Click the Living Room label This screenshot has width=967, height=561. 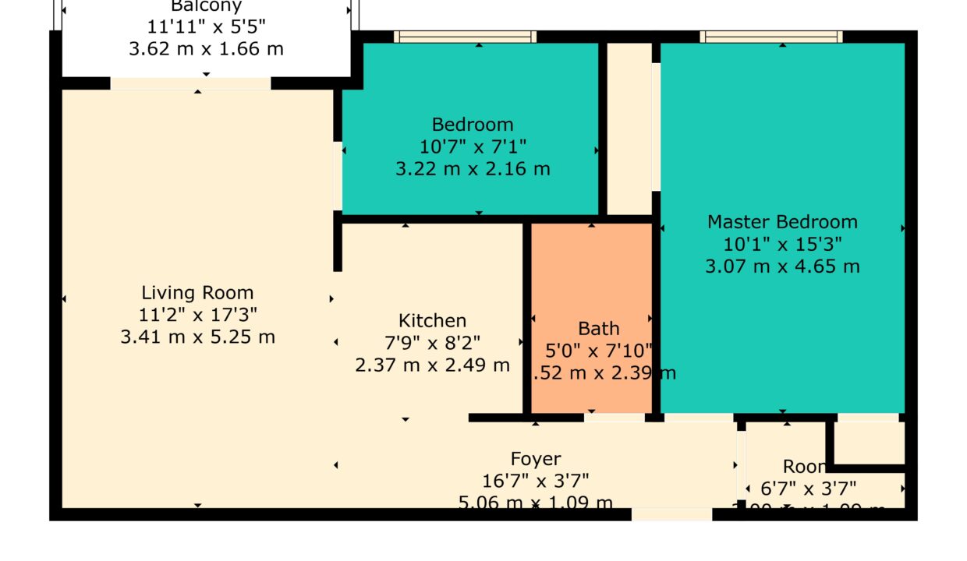[x=197, y=293]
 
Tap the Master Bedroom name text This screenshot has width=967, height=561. [x=782, y=222]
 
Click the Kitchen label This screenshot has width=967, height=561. [x=432, y=320]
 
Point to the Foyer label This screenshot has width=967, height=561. [x=535, y=459]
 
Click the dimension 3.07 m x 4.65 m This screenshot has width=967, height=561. [x=782, y=266]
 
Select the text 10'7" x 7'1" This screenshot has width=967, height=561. [x=473, y=146]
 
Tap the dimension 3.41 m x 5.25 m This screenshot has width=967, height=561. [x=197, y=337]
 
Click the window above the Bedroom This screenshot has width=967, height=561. [x=465, y=37]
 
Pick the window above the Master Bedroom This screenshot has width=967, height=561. [x=770, y=37]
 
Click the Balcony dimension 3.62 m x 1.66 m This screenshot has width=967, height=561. [x=206, y=48]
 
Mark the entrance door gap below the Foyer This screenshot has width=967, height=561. [x=671, y=514]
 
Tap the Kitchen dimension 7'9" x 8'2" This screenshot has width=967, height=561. [x=432, y=342]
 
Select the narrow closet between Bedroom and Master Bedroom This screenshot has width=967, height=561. [x=629, y=129]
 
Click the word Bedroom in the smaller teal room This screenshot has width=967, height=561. [x=473, y=124]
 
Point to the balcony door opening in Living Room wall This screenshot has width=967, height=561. [x=190, y=83]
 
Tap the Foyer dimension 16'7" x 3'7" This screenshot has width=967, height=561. [x=535, y=481]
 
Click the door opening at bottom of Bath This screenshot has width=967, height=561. [x=615, y=418]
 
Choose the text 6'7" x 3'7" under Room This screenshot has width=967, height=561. [x=808, y=489]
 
